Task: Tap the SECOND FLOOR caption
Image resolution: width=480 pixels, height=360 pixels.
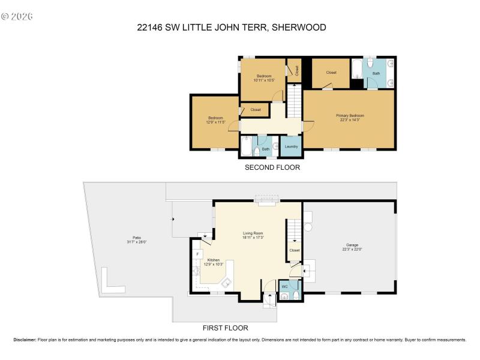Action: (x=272, y=167)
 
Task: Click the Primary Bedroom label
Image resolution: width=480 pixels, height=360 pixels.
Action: (x=349, y=115)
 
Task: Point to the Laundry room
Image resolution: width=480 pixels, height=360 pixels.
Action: (x=291, y=146)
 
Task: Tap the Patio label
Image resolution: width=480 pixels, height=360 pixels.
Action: (x=129, y=238)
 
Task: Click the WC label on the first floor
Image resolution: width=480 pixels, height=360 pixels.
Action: (x=286, y=286)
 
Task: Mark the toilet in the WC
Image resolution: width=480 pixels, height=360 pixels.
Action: (x=286, y=295)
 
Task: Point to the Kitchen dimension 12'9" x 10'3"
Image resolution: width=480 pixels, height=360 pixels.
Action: (x=214, y=264)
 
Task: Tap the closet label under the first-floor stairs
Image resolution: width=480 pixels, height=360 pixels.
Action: (x=294, y=250)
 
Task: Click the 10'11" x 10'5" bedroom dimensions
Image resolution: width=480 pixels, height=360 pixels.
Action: (x=264, y=80)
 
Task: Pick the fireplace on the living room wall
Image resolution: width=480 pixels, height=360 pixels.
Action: (x=265, y=200)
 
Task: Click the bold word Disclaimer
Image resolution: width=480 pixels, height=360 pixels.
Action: (x=25, y=340)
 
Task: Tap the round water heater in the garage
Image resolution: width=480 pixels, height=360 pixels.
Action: (x=308, y=227)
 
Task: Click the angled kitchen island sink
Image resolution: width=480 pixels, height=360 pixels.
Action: (x=227, y=283)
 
